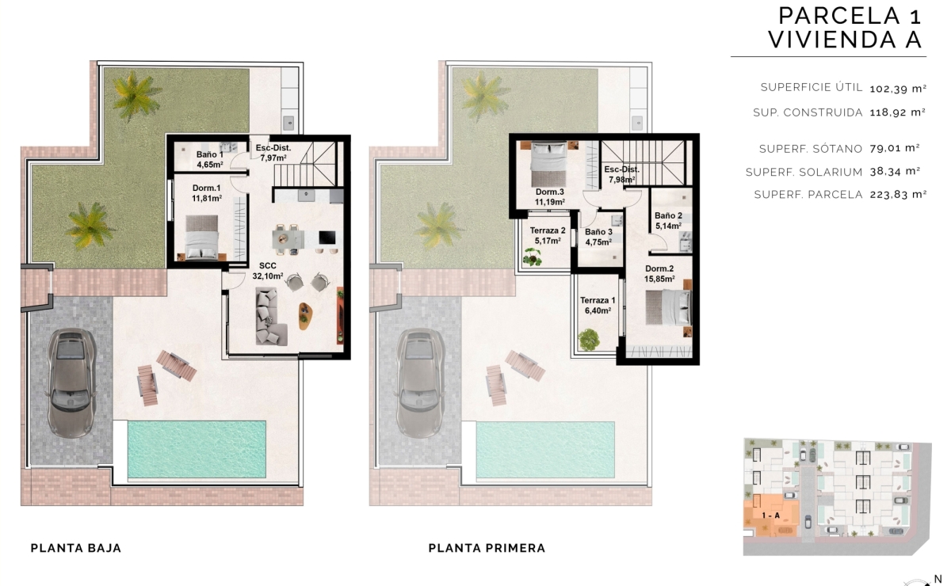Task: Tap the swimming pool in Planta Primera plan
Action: point(546,450)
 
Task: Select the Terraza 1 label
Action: point(598,306)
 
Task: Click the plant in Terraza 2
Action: point(532,256)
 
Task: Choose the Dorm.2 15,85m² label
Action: point(659,274)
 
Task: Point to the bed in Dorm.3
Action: point(547,162)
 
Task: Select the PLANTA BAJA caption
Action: point(75,548)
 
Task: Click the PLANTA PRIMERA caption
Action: point(487,548)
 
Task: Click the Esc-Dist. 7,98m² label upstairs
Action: point(621,174)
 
